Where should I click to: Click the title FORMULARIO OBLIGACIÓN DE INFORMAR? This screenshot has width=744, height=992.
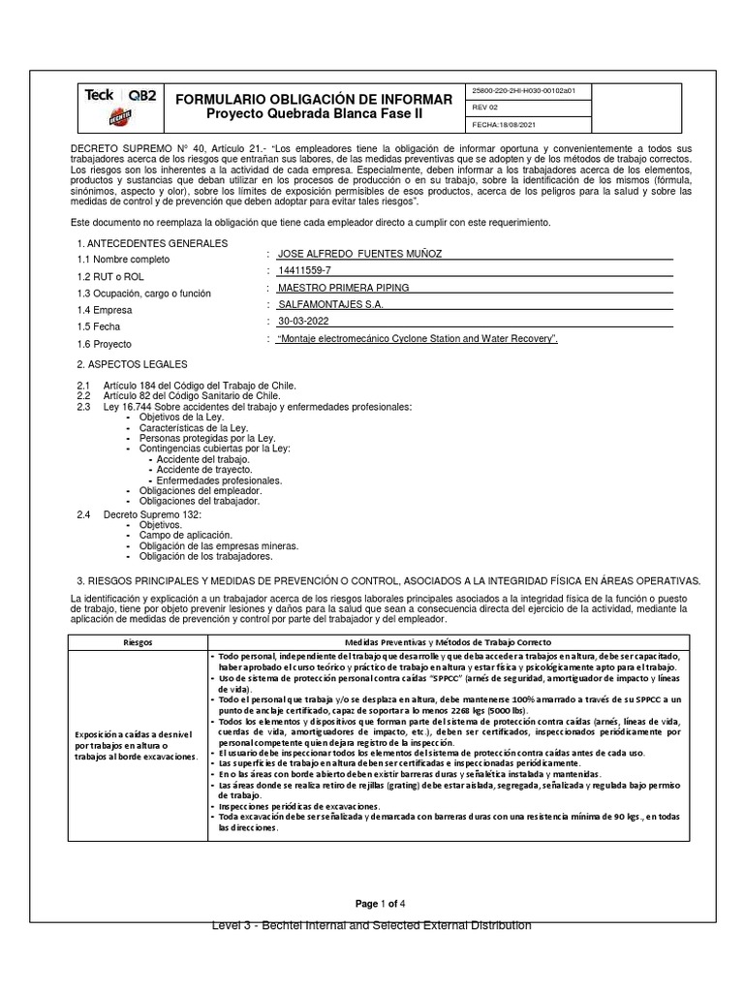pos(313,100)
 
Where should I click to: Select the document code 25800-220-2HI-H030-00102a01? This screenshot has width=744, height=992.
pos(523,91)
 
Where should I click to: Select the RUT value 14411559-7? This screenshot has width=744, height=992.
pos(305,270)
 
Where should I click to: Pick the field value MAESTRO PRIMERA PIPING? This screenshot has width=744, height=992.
pos(343,288)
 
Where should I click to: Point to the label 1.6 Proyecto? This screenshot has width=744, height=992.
pos(105,344)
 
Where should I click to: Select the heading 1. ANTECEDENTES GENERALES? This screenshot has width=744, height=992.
pos(151,243)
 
